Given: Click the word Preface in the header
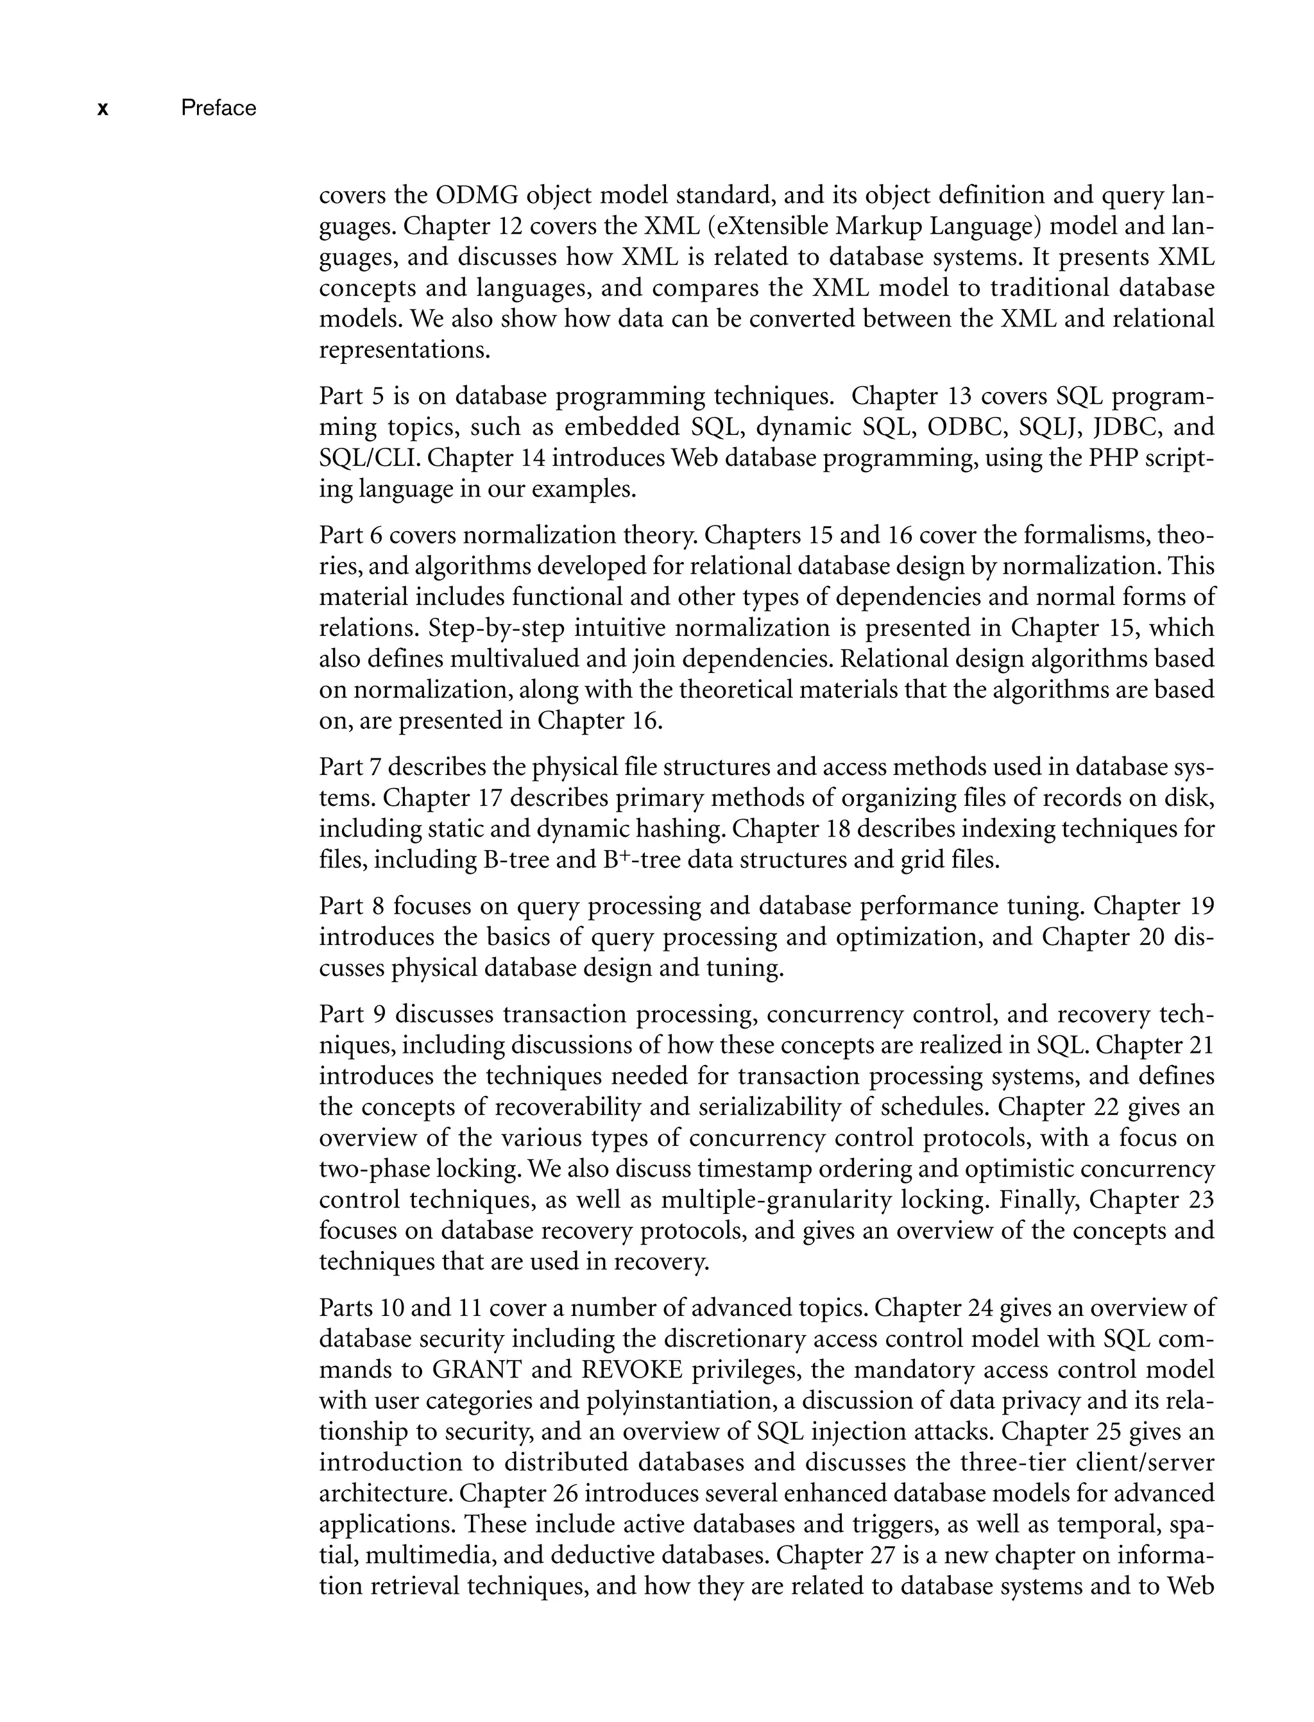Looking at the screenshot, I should click(218, 108).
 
